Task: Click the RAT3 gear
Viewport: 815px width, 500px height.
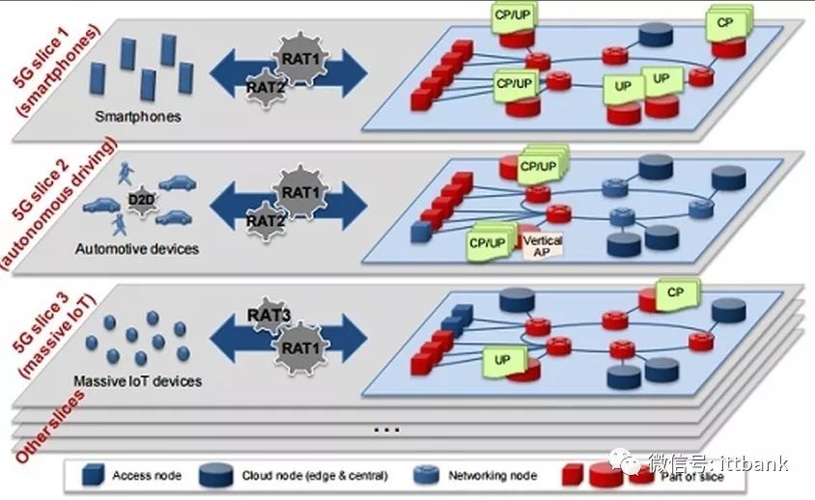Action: pos(267,316)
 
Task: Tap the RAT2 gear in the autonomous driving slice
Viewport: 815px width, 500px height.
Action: pos(264,221)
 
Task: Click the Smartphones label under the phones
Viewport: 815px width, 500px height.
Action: pos(138,118)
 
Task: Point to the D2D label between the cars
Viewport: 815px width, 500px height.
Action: pos(138,201)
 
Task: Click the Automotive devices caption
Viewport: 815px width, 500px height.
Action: pos(136,249)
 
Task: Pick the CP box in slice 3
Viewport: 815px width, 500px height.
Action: pos(676,291)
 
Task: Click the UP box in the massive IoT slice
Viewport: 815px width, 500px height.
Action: pos(502,360)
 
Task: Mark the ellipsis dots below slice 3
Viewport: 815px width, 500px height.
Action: pos(385,429)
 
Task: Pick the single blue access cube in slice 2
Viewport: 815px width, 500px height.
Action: pos(418,232)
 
